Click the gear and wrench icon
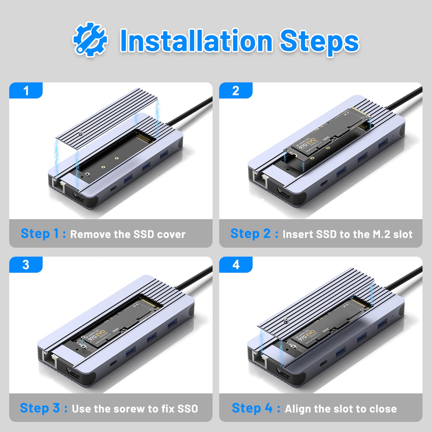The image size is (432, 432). pyautogui.click(x=90, y=39)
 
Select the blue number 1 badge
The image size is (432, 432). pyautogui.click(x=26, y=91)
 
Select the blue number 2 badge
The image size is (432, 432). pyautogui.click(x=236, y=91)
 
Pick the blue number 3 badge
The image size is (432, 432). pyautogui.click(x=26, y=265)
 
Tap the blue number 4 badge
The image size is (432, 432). pyautogui.click(x=236, y=265)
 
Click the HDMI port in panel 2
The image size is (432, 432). pyautogui.click(x=283, y=193)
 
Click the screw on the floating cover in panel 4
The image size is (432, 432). pyautogui.click(x=286, y=320)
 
